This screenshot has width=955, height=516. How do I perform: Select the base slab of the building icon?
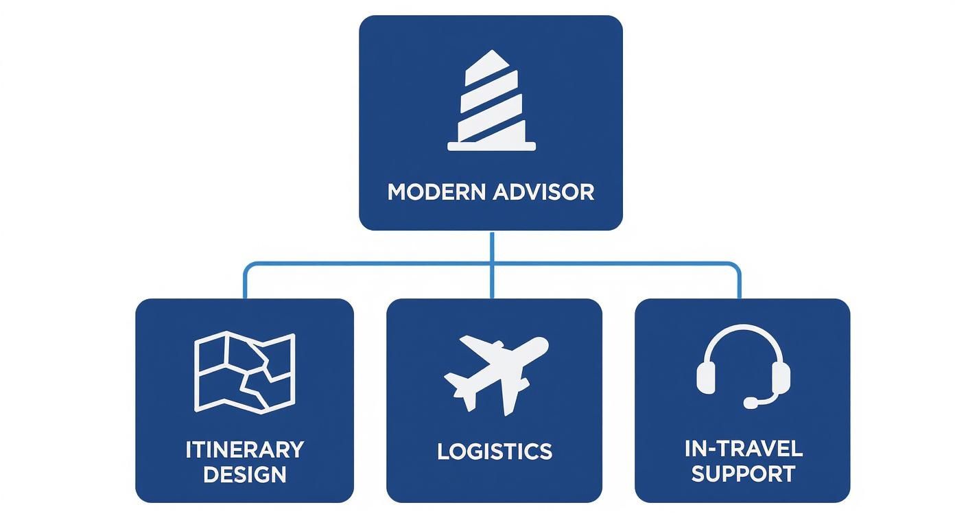pos(491,146)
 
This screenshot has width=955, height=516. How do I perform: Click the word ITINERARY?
pos(244,450)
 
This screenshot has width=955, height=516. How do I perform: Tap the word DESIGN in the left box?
pos(244,475)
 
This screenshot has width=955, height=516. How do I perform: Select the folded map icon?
pos(245,371)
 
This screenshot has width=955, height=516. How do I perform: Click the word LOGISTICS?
pos(494,451)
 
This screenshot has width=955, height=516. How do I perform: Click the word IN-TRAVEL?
pos(743,449)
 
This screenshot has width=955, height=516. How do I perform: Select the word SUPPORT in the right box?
pos(743,474)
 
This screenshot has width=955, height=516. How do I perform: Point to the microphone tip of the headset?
pos(751,403)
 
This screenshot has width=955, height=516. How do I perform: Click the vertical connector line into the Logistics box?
pos(492,281)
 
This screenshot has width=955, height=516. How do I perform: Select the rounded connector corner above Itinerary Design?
pos(247,266)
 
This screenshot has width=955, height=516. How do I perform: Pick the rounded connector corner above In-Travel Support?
pos(736,266)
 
